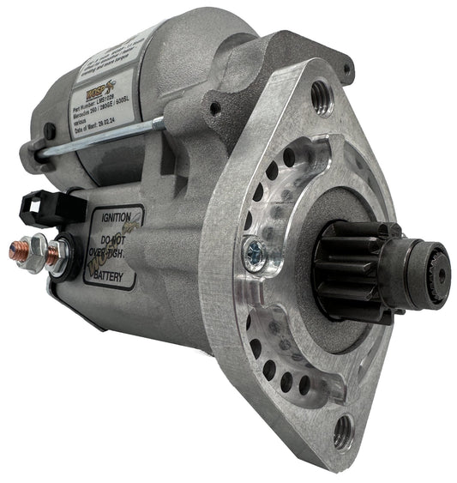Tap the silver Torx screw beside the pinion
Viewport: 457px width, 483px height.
[x=254, y=251]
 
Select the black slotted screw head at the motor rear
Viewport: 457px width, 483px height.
[x=50, y=132]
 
